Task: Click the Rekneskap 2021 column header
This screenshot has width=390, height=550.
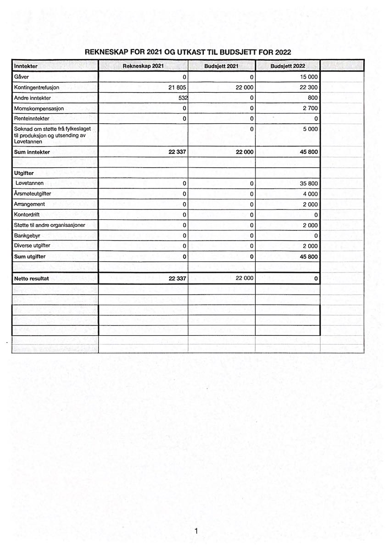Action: click(143, 66)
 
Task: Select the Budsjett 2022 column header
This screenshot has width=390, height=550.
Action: click(288, 66)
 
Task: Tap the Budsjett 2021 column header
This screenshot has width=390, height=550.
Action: click(221, 66)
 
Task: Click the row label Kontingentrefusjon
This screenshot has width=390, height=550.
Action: click(37, 87)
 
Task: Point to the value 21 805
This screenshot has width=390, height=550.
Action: click(178, 87)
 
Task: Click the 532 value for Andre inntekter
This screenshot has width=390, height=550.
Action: click(182, 98)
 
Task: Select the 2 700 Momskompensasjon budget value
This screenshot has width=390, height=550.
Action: click(310, 108)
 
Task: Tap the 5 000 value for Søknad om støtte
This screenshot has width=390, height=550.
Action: click(310, 129)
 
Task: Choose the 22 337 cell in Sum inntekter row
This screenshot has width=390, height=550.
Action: click(177, 152)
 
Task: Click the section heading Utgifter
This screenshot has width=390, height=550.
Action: click(24, 173)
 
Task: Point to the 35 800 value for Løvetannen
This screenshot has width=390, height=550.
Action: click(308, 183)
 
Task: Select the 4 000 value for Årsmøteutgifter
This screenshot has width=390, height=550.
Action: click(310, 194)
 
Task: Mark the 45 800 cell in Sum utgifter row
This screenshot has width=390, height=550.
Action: click(308, 257)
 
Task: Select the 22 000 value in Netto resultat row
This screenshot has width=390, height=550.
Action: click(245, 278)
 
